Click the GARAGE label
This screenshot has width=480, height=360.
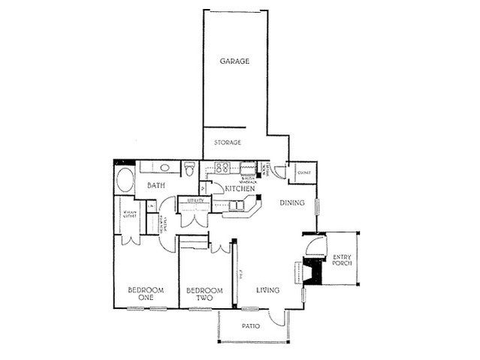234,61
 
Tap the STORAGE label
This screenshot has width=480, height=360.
228,142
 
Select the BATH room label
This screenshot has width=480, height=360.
155,186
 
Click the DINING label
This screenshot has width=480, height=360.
292,203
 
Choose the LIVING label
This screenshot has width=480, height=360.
268,290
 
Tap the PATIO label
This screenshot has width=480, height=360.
252,327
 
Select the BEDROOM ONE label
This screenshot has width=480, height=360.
141,294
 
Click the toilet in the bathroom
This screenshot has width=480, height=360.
191,169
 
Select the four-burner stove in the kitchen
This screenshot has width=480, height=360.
222,168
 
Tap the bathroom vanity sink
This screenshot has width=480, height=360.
165,167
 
